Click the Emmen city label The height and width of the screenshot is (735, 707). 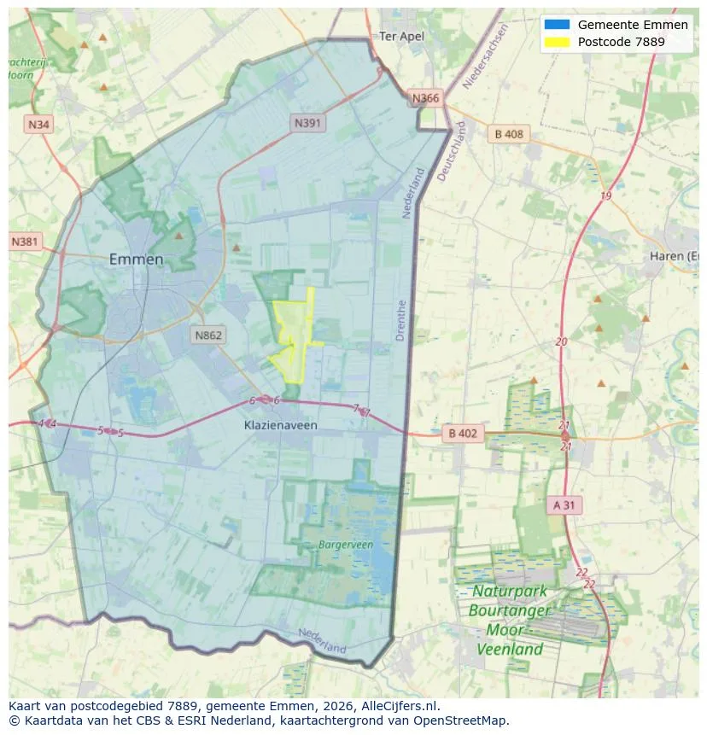pyautogui.click(x=136, y=260)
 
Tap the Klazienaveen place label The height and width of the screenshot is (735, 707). pyautogui.click(x=278, y=424)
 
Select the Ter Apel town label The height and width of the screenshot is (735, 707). pyautogui.click(x=401, y=37)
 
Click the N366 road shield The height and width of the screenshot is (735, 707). pyautogui.click(x=425, y=98)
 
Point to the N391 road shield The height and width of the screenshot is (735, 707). pyautogui.click(x=308, y=123)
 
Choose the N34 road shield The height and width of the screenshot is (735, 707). pyautogui.click(x=38, y=125)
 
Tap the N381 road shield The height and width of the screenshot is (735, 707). pyautogui.click(x=26, y=242)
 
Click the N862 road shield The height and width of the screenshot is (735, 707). pyautogui.click(x=208, y=335)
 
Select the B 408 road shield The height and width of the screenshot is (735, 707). pyautogui.click(x=509, y=134)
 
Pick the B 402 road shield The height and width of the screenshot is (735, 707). pyautogui.click(x=463, y=434)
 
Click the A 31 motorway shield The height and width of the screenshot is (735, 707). pyautogui.click(x=564, y=505)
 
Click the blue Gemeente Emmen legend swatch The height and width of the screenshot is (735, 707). pyautogui.click(x=556, y=25)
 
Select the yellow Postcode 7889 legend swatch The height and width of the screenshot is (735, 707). pyautogui.click(x=556, y=42)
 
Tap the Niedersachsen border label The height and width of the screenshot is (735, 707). pyautogui.click(x=485, y=56)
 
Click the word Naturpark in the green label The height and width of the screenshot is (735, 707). pyautogui.click(x=510, y=592)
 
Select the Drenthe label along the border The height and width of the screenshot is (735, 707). pyautogui.click(x=400, y=320)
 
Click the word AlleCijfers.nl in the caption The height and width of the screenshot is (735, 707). pyautogui.click(x=400, y=706)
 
